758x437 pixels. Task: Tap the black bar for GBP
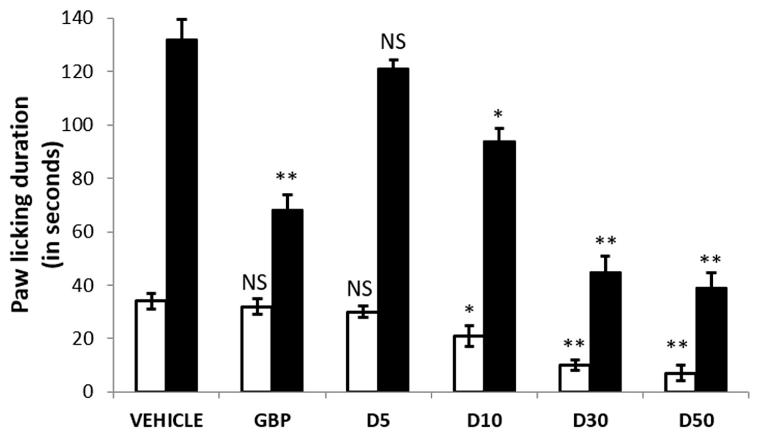coord(287,300)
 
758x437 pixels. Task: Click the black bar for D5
coord(393,230)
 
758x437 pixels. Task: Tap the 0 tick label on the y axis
coord(88,392)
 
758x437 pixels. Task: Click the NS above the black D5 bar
coord(393,42)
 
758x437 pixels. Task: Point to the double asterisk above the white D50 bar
coord(677,346)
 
